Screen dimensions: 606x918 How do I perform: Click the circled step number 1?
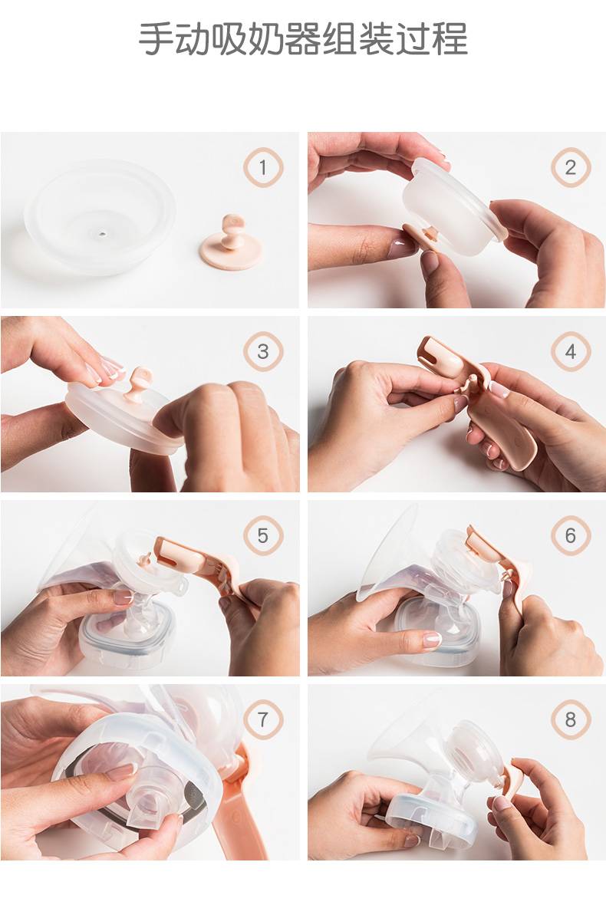pos(263,167)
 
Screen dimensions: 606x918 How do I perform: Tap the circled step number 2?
pos(570,167)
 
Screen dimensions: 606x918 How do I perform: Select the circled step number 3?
pos(263,351)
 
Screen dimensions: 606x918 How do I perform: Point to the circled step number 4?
pos(570,351)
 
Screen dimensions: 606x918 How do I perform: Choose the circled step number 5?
pos(263,535)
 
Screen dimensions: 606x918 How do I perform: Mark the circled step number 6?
pos(570,535)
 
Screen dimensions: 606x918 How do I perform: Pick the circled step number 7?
pos(263,719)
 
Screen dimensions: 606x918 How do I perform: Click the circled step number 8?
pos(570,719)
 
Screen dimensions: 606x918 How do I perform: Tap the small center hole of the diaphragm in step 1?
pos(103,234)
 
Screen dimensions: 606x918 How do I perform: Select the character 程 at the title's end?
pos(451,39)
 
